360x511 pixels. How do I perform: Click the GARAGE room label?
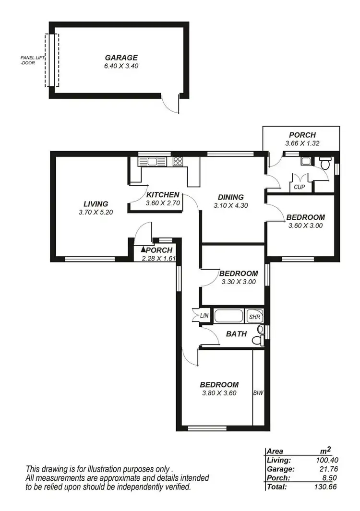coord(121,57)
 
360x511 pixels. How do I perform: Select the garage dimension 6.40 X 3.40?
coord(121,66)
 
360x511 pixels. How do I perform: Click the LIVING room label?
coord(96,204)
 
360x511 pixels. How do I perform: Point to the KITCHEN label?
coord(163,195)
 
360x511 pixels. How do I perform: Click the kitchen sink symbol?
coord(152,162)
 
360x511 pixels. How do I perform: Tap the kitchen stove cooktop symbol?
coord(178,162)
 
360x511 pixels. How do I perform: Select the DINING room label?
coord(231,197)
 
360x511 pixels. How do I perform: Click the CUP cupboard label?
coord(300,187)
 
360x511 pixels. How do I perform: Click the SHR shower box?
coord(254,317)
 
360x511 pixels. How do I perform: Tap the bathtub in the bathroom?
coord(229,317)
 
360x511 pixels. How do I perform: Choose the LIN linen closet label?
coord(204,316)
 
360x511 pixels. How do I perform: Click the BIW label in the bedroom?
coord(258,392)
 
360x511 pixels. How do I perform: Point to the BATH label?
coord(236,334)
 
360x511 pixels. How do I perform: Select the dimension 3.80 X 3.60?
coord(219,393)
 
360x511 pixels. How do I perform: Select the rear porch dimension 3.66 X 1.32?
coord(302,143)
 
